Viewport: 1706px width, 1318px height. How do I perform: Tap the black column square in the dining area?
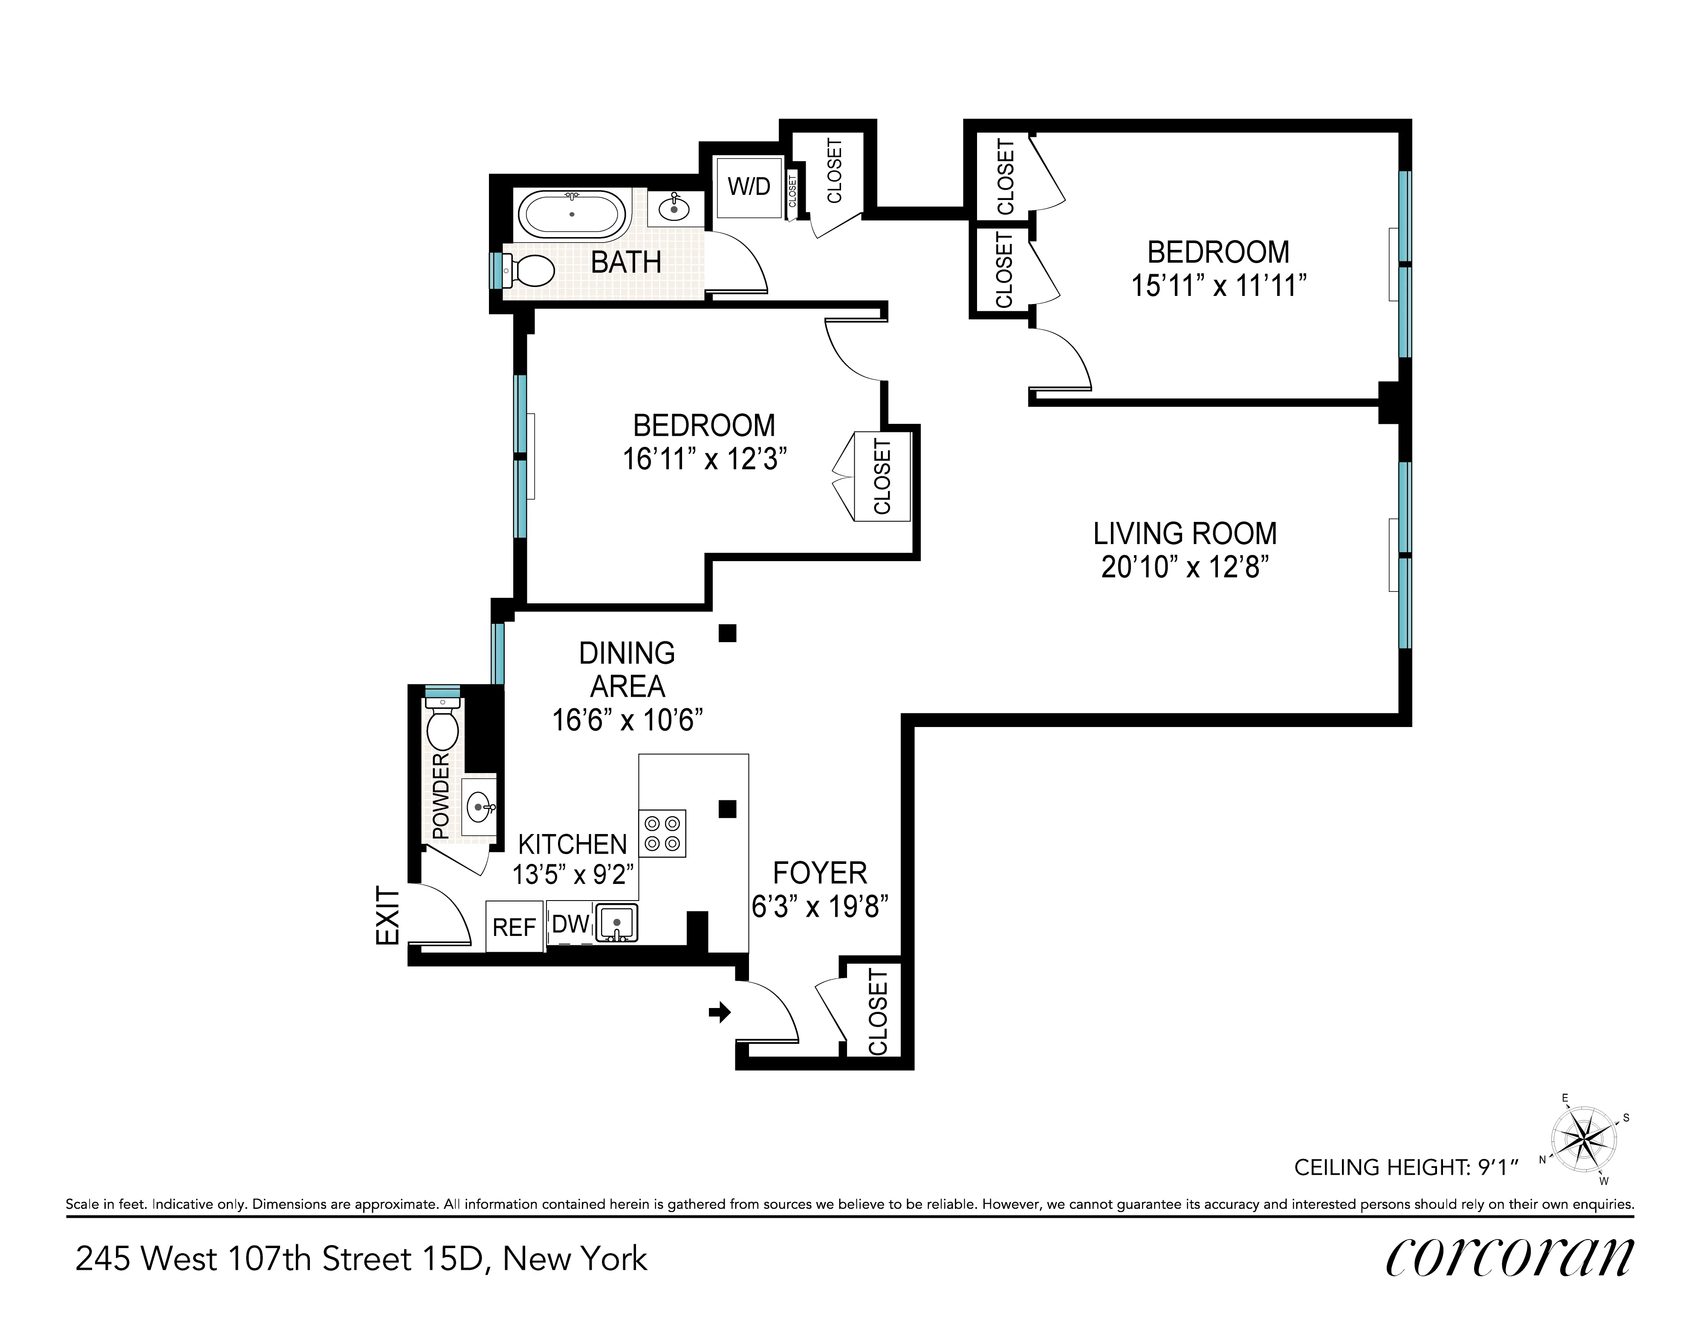(x=727, y=633)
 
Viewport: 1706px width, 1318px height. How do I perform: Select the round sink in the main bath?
(x=674, y=209)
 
